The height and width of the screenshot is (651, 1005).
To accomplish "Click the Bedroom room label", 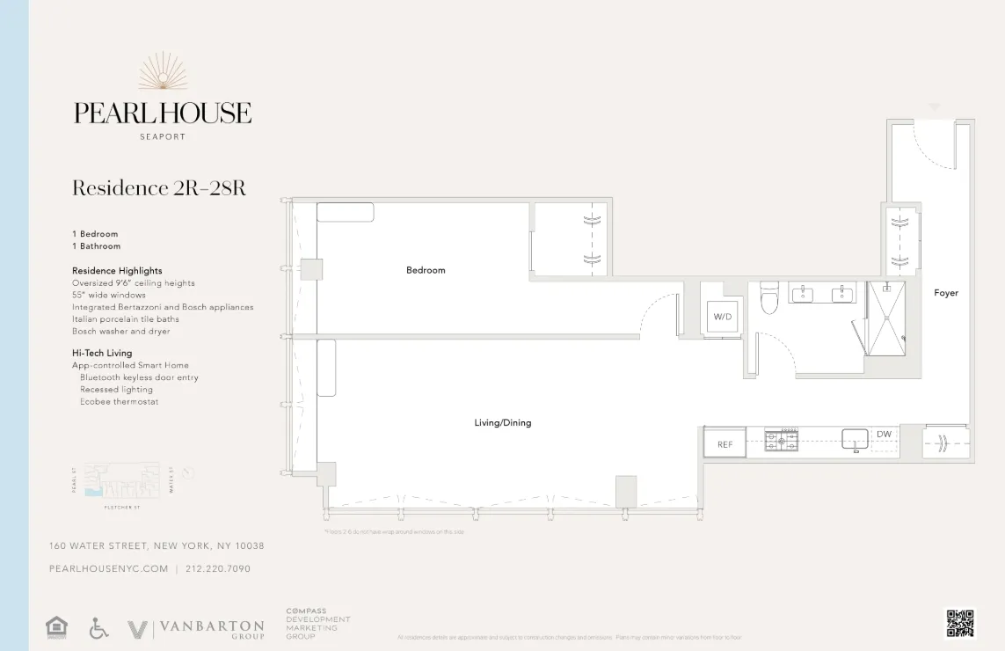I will (x=426, y=270).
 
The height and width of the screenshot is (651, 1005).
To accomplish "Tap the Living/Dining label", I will (x=503, y=423).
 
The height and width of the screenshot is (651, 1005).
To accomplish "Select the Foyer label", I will (x=946, y=293).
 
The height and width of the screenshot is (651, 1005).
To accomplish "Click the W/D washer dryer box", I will (x=722, y=317).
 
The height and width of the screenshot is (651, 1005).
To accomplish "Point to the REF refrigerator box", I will (x=725, y=444).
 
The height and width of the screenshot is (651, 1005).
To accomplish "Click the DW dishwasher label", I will (x=884, y=435).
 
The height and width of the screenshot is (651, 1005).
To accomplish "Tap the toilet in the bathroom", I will (x=769, y=298).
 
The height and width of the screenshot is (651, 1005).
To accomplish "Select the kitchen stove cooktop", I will (x=781, y=440).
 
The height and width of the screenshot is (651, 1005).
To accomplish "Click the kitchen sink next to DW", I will (x=855, y=439).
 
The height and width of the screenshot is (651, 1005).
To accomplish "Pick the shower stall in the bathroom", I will (x=885, y=318).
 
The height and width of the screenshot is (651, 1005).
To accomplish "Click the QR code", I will (x=960, y=623).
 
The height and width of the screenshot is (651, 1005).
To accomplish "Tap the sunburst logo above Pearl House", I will (x=163, y=72).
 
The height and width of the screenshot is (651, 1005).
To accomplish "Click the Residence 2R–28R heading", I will (x=158, y=188).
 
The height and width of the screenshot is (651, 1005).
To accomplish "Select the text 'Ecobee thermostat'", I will (x=119, y=402).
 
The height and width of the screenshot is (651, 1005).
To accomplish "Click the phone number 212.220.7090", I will (x=218, y=569).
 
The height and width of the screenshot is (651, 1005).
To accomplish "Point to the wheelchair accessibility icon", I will (x=99, y=628).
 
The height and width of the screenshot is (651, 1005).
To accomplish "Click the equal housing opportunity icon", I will (x=56, y=628).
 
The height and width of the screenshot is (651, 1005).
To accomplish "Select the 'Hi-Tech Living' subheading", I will (x=102, y=353).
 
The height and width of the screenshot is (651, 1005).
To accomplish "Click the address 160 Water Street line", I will (x=157, y=546).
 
